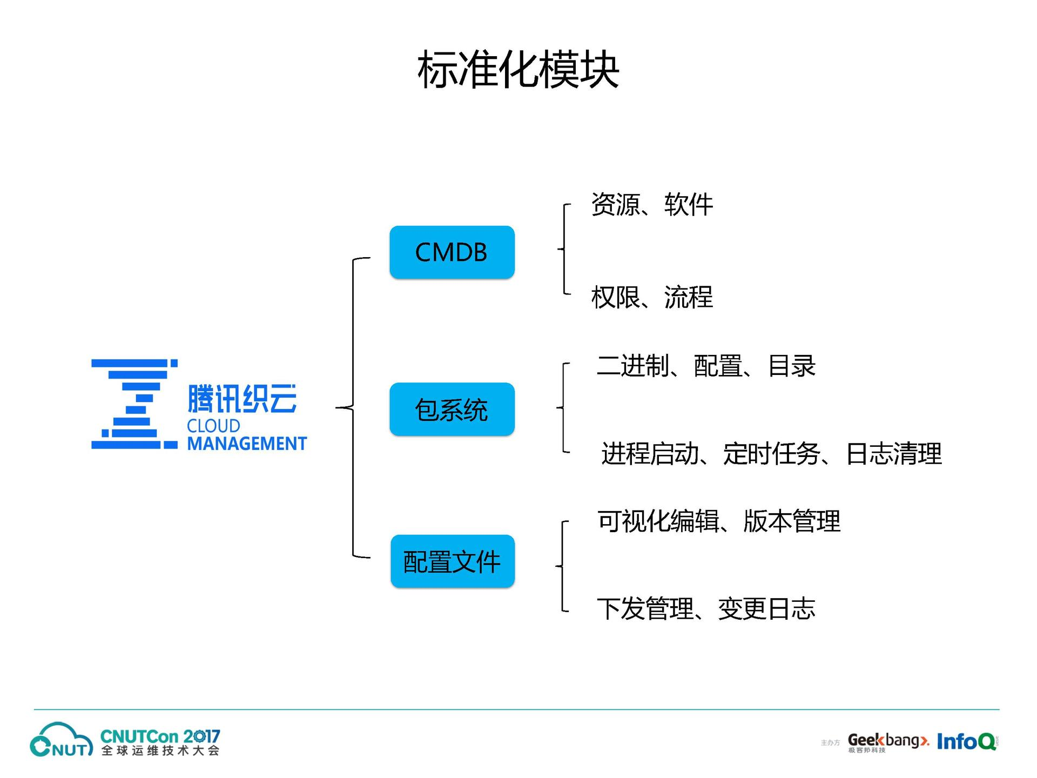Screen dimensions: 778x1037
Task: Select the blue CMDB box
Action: [x=452, y=252]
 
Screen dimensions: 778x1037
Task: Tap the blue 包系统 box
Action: [x=452, y=410]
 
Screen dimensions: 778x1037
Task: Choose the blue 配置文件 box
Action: [x=453, y=561]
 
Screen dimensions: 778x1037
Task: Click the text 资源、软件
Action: [x=652, y=205]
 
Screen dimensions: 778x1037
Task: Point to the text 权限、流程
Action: [x=652, y=297]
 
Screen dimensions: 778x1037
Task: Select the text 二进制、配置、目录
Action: [x=706, y=366]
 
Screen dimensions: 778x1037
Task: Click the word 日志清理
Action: [x=894, y=454]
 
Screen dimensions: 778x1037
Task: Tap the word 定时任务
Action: [x=771, y=454]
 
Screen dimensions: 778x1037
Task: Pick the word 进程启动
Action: [x=650, y=454]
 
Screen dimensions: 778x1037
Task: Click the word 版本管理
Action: [x=792, y=522]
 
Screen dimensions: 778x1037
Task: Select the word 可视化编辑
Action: [x=658, y=522]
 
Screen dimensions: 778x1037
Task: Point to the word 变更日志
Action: [x=766, y=609]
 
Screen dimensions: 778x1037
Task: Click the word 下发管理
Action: [x=645, y=609]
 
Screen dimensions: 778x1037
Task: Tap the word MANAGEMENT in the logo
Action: [x=247, y=444]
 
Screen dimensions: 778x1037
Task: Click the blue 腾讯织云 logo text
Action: [x=242, y=399]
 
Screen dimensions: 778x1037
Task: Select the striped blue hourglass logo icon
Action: [x=134, y=404]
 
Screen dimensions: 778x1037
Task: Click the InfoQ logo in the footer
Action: [x=967, y=742]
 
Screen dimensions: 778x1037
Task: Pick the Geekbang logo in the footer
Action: [x=887, y=741]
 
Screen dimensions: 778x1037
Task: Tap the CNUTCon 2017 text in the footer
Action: [x=160, y=736]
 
